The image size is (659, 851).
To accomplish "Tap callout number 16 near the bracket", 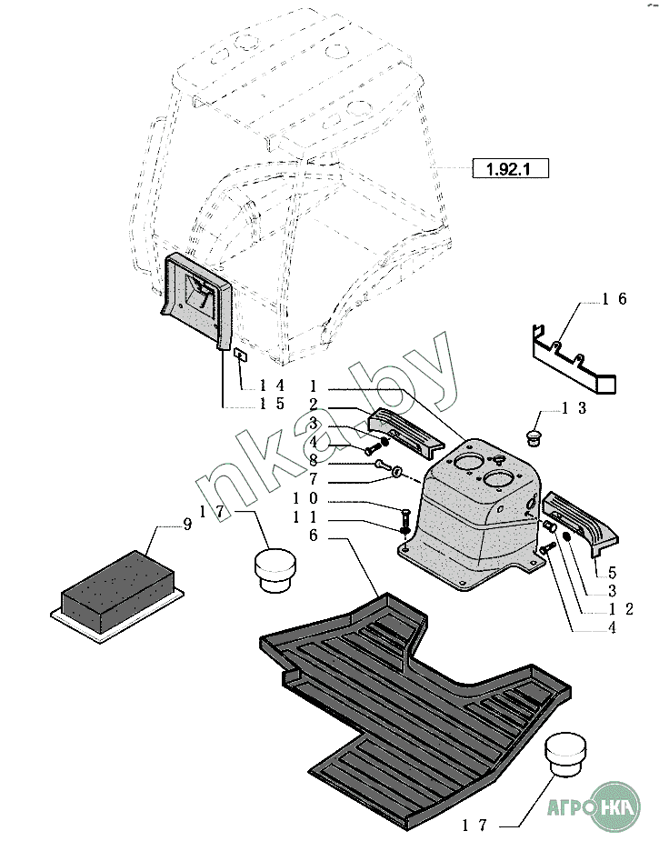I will (614, 298).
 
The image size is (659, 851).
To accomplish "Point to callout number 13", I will (574, 408).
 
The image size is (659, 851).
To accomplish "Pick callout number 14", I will (273, 385).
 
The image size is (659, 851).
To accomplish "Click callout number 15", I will (273, 404).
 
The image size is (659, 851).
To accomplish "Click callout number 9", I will (187, 525).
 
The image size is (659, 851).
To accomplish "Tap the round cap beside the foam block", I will (274, 569).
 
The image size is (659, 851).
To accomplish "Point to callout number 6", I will (313, 536).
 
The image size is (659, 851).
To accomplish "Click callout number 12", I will (622, 609).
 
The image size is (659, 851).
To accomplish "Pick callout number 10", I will (305, 498).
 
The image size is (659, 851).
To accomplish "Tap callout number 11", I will (305, 516).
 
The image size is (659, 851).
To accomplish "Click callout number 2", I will (313, 404).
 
